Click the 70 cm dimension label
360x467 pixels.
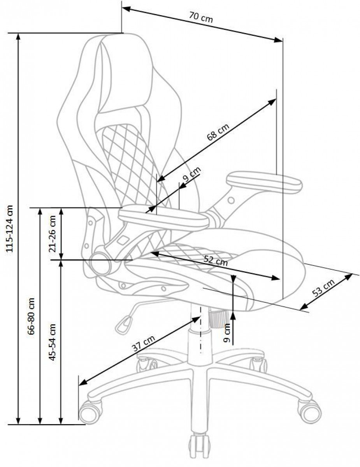201,17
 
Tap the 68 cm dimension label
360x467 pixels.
218,132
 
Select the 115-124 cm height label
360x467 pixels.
10,228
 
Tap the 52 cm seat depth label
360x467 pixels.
215,261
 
